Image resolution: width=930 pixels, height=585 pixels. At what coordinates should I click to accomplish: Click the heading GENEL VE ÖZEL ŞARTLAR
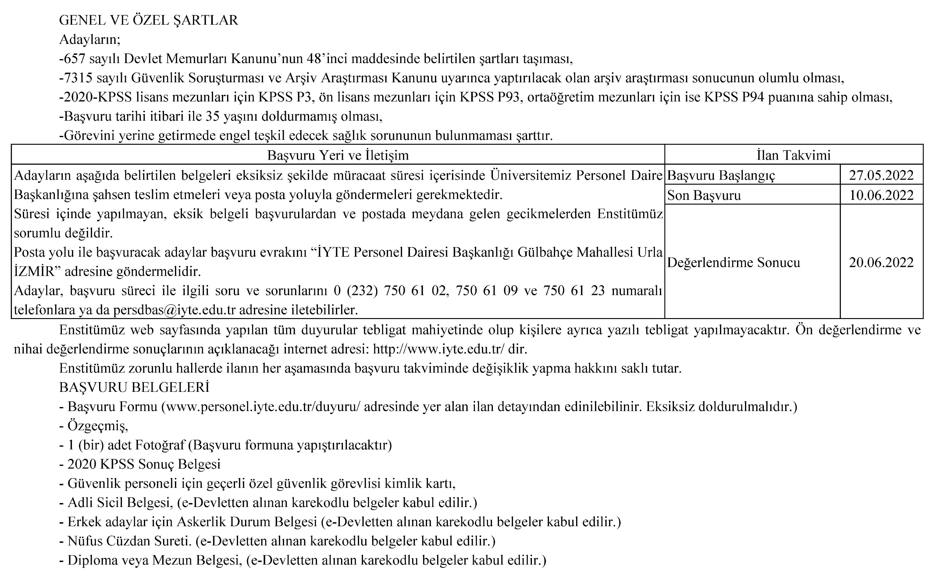(x=149, y=20)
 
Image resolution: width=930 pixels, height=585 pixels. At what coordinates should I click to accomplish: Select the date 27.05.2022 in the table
(x=881, y=175)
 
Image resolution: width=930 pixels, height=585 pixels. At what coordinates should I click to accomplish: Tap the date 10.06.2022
(x=881, y=195)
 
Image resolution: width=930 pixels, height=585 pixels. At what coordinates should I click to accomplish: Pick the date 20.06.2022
(x=881, y=263)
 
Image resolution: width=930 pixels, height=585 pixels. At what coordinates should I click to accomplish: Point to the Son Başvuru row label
(x=704, y=195)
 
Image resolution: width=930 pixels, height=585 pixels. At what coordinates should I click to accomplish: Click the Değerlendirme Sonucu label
(x=733, y=263)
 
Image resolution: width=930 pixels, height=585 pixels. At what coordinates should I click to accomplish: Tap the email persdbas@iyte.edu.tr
(x=174, y=310)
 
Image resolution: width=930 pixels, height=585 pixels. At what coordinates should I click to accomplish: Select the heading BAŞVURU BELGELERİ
(x=134, y=387)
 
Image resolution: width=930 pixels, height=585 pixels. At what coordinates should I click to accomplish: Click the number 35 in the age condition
(x=212, y=116)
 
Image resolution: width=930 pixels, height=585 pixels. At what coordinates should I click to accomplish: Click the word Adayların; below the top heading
(x=90, y=39)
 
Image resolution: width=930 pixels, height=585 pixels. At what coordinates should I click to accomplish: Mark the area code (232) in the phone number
(x=362, y=290)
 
